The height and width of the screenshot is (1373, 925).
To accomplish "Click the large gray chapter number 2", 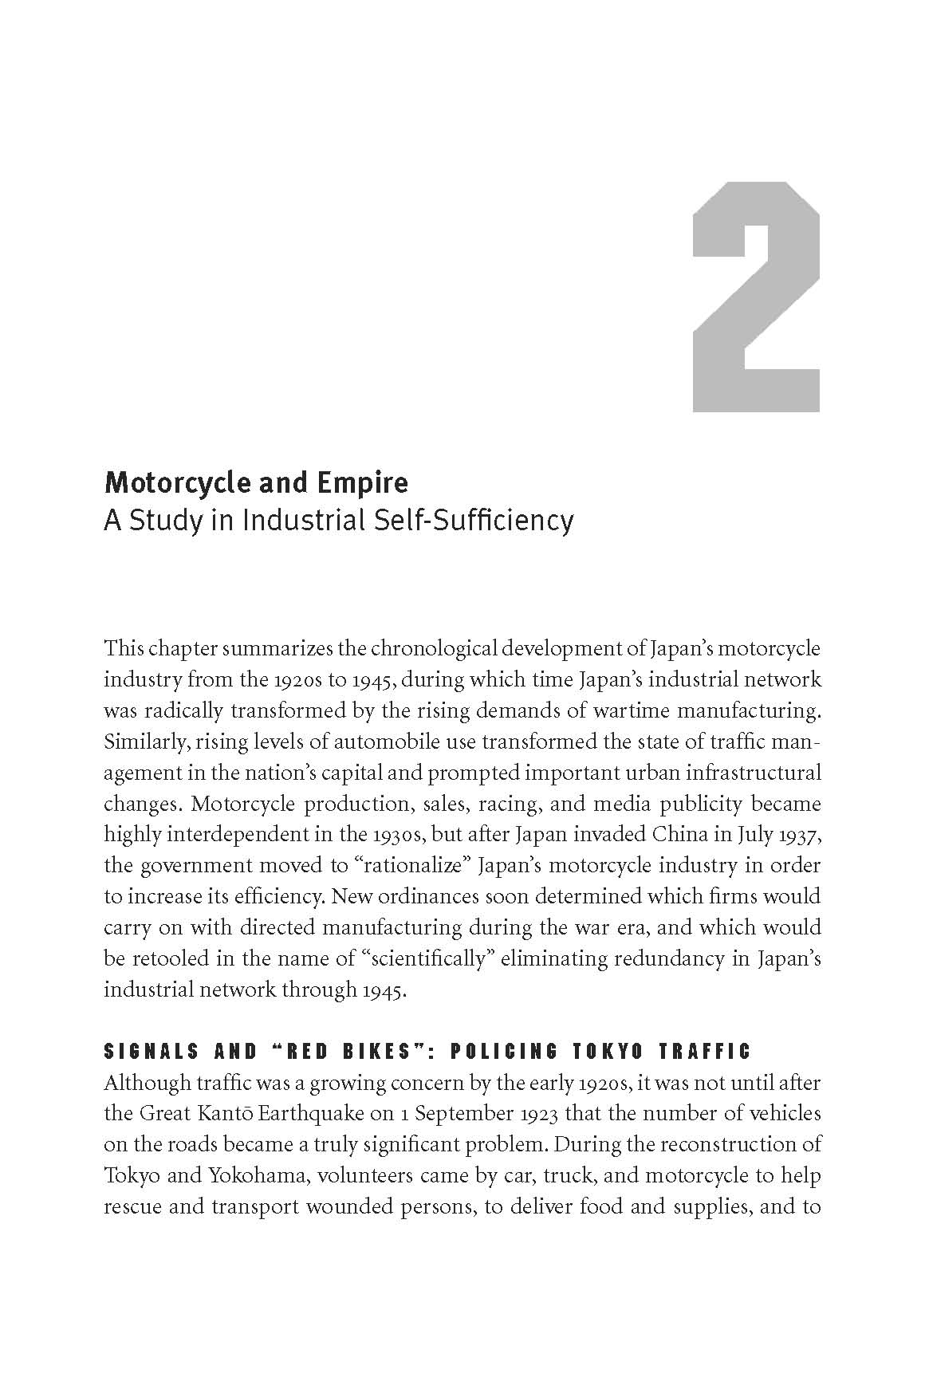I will tap(755, 297).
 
